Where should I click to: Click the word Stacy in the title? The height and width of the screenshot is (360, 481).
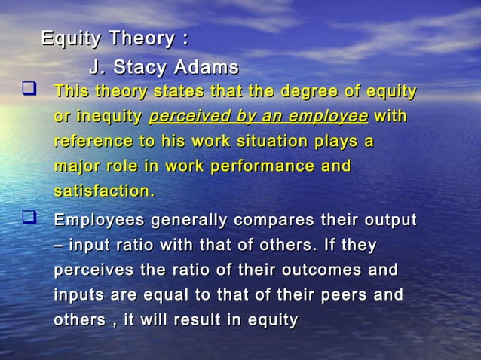point(141,67)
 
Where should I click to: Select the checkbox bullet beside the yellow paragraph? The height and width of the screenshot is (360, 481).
point(30,92)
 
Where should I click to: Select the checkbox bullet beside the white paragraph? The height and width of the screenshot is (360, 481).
point(30,219)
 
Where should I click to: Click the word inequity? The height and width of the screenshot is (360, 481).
point(111,117)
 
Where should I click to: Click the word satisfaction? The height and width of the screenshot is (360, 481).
point(103,191)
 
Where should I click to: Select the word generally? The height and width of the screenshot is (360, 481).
point(189,220)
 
